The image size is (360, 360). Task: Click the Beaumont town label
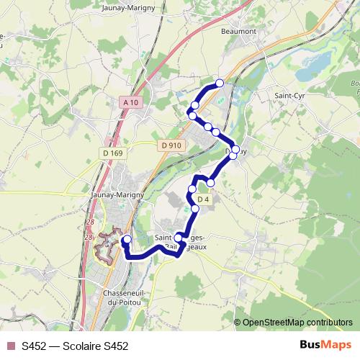pos(238,32)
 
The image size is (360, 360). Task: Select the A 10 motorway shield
pos(130,103)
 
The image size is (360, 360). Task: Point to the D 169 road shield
pos(112,153)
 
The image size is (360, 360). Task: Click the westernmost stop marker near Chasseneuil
pos(127,240)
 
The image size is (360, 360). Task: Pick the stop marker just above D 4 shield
pos(192,189)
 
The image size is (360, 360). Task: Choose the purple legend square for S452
pos(10,346)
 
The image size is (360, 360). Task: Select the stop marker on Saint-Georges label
pos(179,237)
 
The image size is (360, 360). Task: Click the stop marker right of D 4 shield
pos(210,183)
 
